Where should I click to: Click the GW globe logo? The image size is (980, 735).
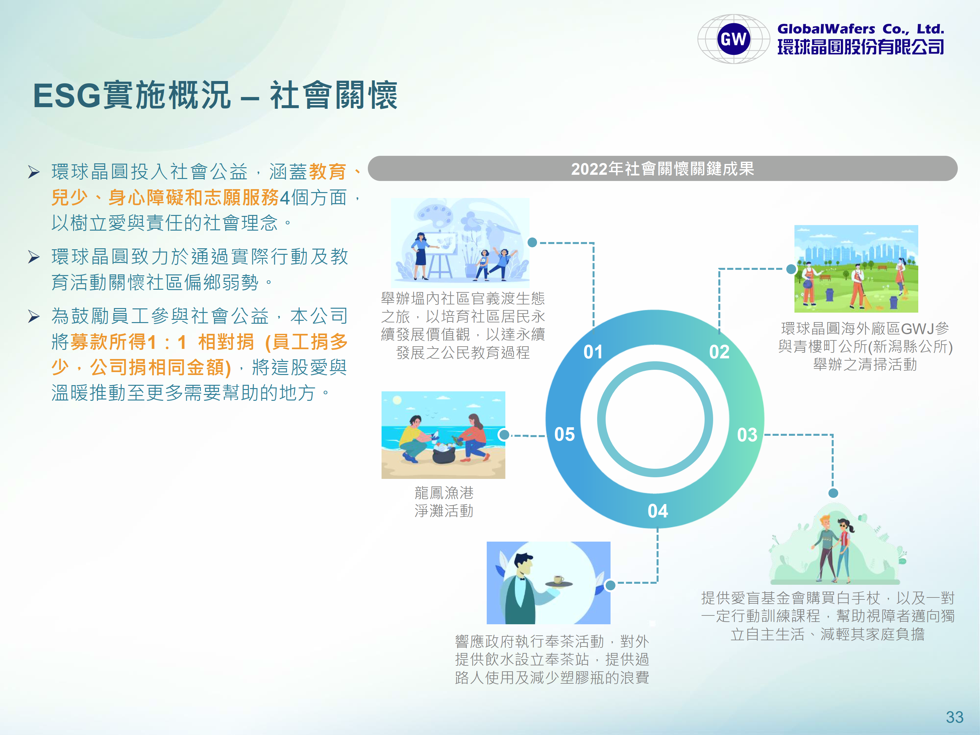click(x=734, y=39)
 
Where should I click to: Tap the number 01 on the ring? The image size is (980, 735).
click(x=593, y=352)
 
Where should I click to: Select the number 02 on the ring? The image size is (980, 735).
click(x=719, y=352)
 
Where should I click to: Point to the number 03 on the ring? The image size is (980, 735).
click(x=747, y=434)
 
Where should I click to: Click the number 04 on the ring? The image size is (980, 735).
click(x=658, y=511)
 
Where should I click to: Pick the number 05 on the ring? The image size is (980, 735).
click(x=564, y=434)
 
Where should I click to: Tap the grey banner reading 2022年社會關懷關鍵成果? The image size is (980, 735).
click(x=662, y=168)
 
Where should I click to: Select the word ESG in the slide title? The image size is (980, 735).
click(x=67, y=96)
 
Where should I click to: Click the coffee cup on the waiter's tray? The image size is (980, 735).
click(x=559, y=580)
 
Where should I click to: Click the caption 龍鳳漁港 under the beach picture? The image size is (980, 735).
click(x=444, y=493)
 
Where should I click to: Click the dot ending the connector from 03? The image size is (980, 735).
click(x=833, y=493)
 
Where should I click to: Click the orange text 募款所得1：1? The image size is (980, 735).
click(x=128, y=342)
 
